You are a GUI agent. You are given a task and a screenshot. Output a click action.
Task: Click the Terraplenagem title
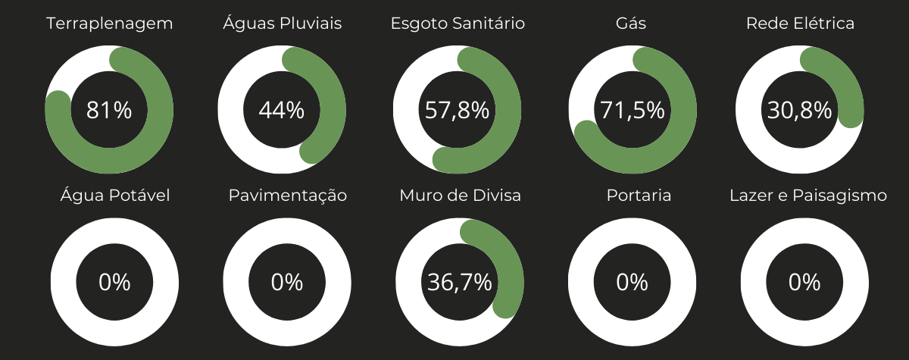pos(110,23)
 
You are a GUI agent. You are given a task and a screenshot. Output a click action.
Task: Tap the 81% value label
pos(109,111)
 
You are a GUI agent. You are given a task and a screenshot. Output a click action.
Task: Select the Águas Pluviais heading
pos(282,23)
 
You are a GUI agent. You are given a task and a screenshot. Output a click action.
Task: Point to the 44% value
pos(282,111)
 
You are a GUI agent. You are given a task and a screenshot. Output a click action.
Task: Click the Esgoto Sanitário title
pos(458,23)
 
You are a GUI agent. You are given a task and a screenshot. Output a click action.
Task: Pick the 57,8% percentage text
pos(457,111)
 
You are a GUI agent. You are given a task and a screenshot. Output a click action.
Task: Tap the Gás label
pos(631,23)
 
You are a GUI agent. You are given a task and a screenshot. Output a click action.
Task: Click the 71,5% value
pos(633,111)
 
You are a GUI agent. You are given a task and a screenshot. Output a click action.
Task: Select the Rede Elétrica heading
pos(800,23)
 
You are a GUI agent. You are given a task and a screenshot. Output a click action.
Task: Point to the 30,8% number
pos(800,111)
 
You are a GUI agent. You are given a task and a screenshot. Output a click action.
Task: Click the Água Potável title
pos(115,196)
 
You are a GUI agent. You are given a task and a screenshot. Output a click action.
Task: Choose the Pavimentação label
pos(288,196)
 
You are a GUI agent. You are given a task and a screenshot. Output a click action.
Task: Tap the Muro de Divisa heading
pos(461,196)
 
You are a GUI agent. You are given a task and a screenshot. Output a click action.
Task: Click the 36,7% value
pos(460,283)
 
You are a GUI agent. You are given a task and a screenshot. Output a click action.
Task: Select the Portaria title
pos(639,196)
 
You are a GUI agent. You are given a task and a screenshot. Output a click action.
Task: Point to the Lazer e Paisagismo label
pos(808,196)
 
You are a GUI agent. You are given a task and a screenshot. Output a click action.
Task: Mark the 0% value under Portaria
pos(632,283)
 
